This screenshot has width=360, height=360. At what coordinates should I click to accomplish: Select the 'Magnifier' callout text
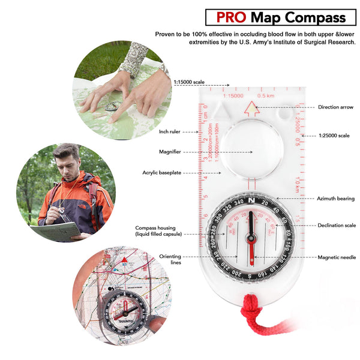click(170, 152)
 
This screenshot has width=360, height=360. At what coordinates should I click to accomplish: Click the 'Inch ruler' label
click(169, 131)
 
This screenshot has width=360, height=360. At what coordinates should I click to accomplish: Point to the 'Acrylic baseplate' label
click(161, 173)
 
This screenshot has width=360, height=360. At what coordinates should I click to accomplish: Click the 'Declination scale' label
click(335, 226)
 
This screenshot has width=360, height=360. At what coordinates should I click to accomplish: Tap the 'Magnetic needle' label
click(337, 257)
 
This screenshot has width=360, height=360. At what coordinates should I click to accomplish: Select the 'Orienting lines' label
click(170, 259)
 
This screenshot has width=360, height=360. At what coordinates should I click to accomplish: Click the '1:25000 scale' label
click(334, 136)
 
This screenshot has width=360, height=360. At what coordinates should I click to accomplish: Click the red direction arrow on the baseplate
click(252, 109)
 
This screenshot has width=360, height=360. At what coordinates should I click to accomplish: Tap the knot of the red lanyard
click(252, 313)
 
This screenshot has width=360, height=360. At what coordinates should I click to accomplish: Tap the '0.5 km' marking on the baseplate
click(266, 95)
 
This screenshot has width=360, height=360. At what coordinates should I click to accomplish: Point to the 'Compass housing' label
click(157, 231)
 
